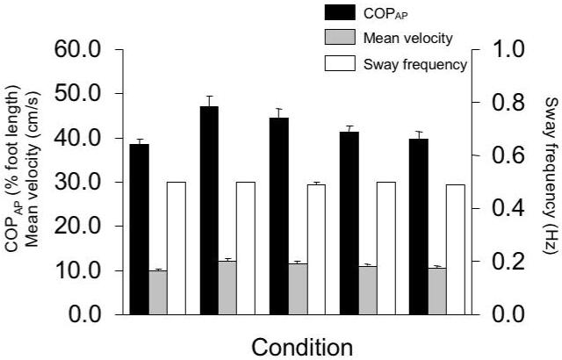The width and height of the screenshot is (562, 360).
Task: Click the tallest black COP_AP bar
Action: (x=209, y=210)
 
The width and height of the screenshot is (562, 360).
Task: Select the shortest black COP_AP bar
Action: (x=140, y=228)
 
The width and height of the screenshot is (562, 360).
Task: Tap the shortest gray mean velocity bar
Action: (x=158, y=292)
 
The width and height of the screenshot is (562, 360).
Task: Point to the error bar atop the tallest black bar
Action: (x=209, y=100)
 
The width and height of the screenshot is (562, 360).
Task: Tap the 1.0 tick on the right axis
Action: (x=507, y=49)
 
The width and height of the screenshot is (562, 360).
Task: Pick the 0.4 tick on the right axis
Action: (x=507, y=208)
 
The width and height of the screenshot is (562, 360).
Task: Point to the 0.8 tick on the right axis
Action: (x=507, y=103)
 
